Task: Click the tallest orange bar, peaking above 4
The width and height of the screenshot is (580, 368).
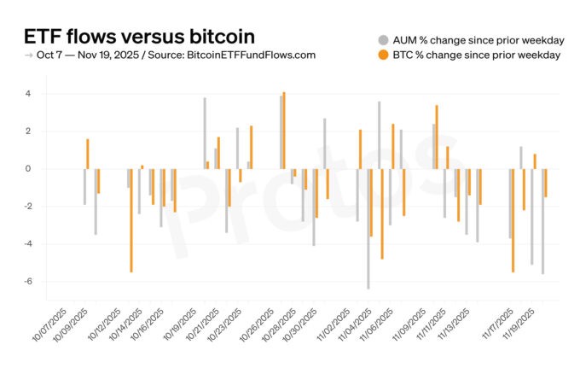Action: [284, 130]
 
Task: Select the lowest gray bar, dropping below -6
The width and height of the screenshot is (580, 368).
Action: [368, 229]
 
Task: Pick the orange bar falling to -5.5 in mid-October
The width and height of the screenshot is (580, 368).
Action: [130, 220]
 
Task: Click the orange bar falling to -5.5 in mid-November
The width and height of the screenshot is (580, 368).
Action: [513, 220]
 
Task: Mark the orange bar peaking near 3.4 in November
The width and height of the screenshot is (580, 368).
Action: [437, 137]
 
